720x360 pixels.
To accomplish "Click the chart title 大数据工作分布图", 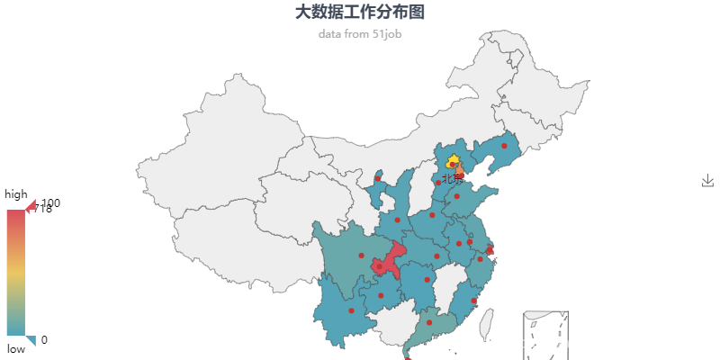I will pos(360,12).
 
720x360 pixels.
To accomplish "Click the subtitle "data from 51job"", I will pos(360,34).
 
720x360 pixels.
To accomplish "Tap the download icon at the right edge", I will pos(707,181).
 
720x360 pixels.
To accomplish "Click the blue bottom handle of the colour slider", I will pos(31,340).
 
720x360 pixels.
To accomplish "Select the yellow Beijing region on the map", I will pos(453,161).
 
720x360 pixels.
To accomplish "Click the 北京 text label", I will pos(452,178).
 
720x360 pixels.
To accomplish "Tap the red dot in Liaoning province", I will pos(504,146).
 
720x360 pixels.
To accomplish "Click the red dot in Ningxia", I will pos(378,177).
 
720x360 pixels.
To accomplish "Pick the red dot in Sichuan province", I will pos(361,256).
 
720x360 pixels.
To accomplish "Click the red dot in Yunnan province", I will pos(351,310).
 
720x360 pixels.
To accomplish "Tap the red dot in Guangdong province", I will pos(429,322).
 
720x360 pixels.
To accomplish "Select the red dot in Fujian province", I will pos(473,301).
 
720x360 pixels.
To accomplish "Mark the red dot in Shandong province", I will pos(456,196).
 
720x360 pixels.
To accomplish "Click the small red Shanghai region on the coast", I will pos(490,250).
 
